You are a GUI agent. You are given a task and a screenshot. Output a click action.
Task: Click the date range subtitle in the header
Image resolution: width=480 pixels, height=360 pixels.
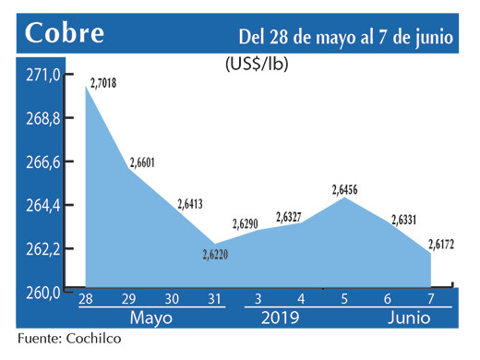coord(345,37)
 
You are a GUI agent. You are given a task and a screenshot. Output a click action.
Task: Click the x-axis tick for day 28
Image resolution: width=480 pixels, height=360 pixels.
coord(85,299)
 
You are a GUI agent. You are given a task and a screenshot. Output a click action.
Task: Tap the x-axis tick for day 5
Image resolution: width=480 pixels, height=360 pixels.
coord(343,299)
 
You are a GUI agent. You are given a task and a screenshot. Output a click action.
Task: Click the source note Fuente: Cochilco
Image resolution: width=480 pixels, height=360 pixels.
coord(68,340)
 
